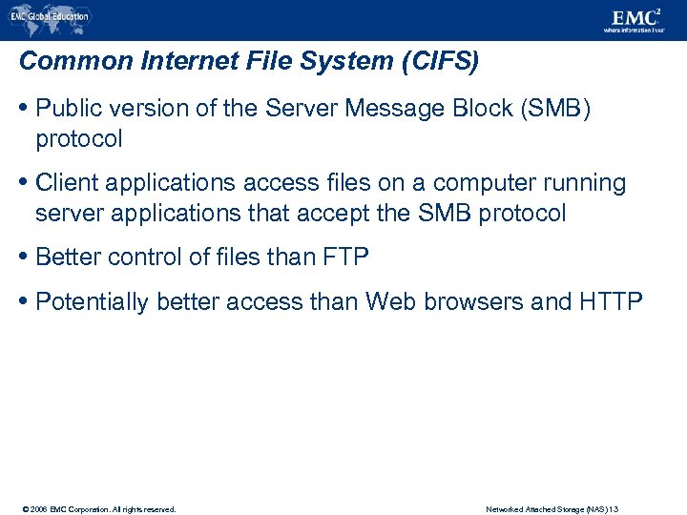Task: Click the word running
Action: pos(584,182)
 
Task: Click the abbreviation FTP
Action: pos(346,257)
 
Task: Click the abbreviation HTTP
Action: pos(611,301)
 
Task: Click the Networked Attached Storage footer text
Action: pos(552,509)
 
